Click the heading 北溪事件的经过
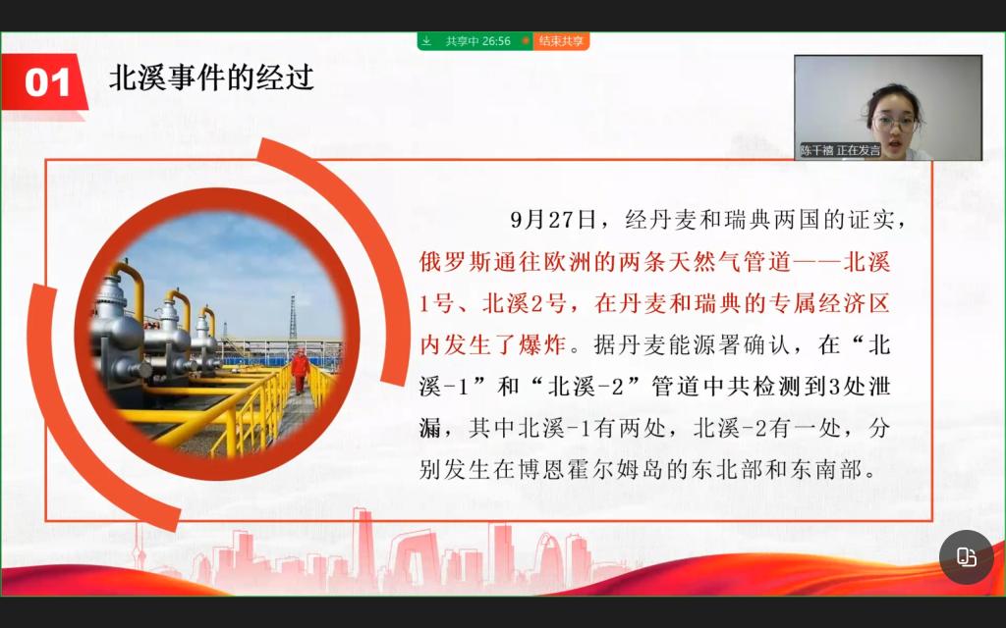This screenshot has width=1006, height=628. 212,78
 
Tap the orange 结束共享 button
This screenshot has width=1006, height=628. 561,41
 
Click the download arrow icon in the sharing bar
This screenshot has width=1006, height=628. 426,41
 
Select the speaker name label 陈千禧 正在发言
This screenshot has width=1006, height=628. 841,150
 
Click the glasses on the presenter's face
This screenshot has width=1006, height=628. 894,122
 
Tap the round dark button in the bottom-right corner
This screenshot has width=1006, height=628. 967,557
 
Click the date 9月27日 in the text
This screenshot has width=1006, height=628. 553,220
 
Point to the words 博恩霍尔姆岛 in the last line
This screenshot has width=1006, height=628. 590,470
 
